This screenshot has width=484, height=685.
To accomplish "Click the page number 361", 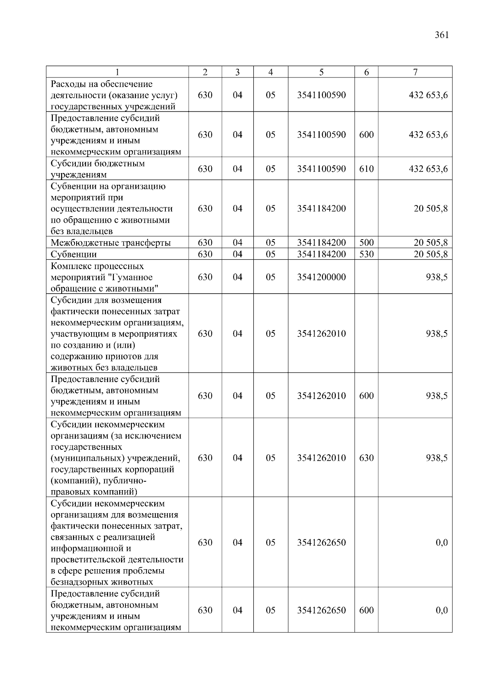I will tap(442, 35).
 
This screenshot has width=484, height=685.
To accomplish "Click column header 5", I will tap(321, 72).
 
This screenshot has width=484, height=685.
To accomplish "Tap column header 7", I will tap(415, 72).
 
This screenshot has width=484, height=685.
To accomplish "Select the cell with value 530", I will tap(366, 254).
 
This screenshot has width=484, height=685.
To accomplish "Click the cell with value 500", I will tap(366, 243).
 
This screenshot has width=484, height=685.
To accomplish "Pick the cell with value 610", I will tap(366, 169).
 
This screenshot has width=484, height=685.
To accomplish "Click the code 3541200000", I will tap(321, 277).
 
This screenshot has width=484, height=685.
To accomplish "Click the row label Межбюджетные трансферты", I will tap(111, 243).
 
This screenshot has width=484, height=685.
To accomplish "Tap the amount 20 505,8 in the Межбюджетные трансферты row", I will tap(430, 243).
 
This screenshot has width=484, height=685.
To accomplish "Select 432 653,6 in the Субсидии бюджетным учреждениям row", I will tap(428, 169).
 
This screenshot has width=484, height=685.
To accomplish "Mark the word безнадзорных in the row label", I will tap(76, 582).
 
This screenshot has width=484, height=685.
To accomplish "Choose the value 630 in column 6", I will tap(366, 458).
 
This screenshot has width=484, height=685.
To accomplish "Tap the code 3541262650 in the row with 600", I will tap(321, 610).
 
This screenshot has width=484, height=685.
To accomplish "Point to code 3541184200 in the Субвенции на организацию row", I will tap(321, 209).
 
